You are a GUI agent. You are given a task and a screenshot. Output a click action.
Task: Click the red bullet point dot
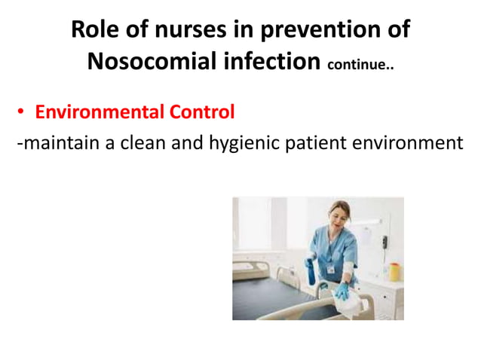tap(22, 113)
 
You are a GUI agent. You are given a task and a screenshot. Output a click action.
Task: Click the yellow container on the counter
tap(393, 270)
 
